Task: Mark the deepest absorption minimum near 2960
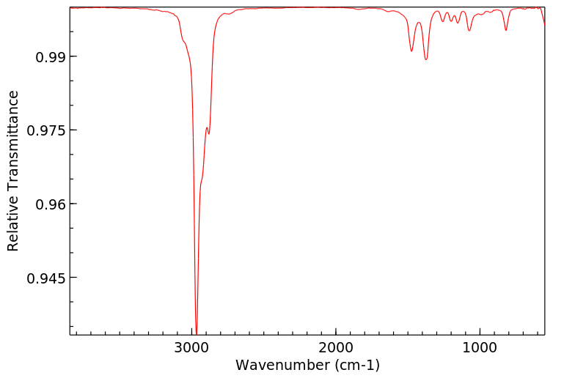pyautogui.click(x=197, y=331)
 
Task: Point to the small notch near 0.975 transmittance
pyautogui.click(x=209, y=133)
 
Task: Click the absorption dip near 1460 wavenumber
pyautogui.click(x=412, y=51)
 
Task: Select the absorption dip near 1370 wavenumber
pyautogui.click(x=426, y=59)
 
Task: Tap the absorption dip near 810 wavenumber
pyautogui.click(x=506, y=30)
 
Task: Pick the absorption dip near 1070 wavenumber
pyautogui.click(x=469, y=30)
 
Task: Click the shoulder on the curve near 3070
pyautogui.click(x=183, y=41)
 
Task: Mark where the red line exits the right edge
pyautogui.click(x=544, y=23)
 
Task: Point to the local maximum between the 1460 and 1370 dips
pyautogui.click(x=419, y=23)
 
